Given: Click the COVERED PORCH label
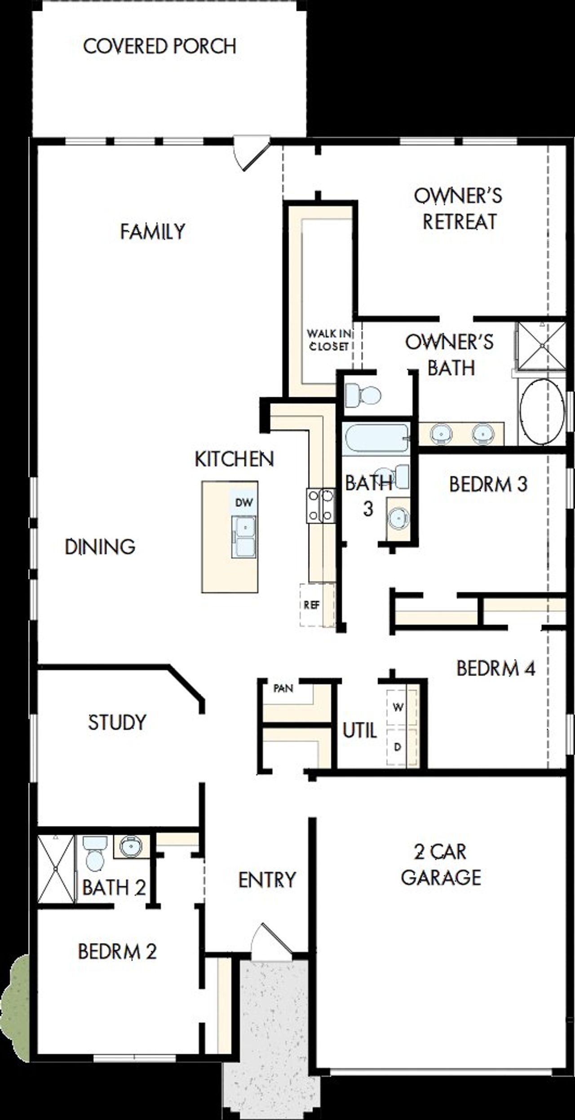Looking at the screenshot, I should click(x=159, y=47).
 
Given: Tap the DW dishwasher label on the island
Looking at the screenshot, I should click(x=244, y=502).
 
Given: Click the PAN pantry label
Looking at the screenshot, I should click(x=283, y=688).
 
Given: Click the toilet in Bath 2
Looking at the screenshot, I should click(x=94, y=853).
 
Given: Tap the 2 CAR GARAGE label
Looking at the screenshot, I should click(x=440, y=864).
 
